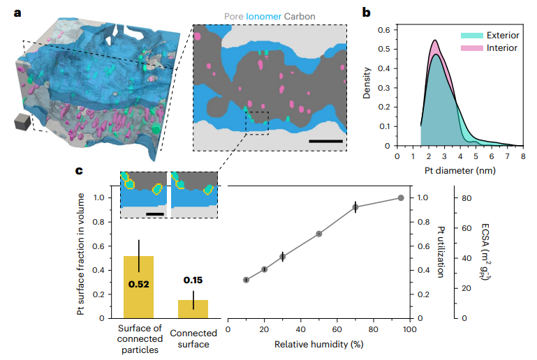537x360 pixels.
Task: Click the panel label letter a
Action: pyautogui.click(x=8, y=11)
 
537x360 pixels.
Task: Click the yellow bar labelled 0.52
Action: pyautogui.click(x=138, y=287)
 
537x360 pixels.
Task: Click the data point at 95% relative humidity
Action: pyautogui.click(x=401, y=198)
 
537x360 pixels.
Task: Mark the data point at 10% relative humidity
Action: pyautogui.click(x=246, y=280)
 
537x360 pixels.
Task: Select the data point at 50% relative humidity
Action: pyautogui.click(x=319, y=234)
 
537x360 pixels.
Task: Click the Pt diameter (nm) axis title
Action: pyautogui.click(x=458, y=170)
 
